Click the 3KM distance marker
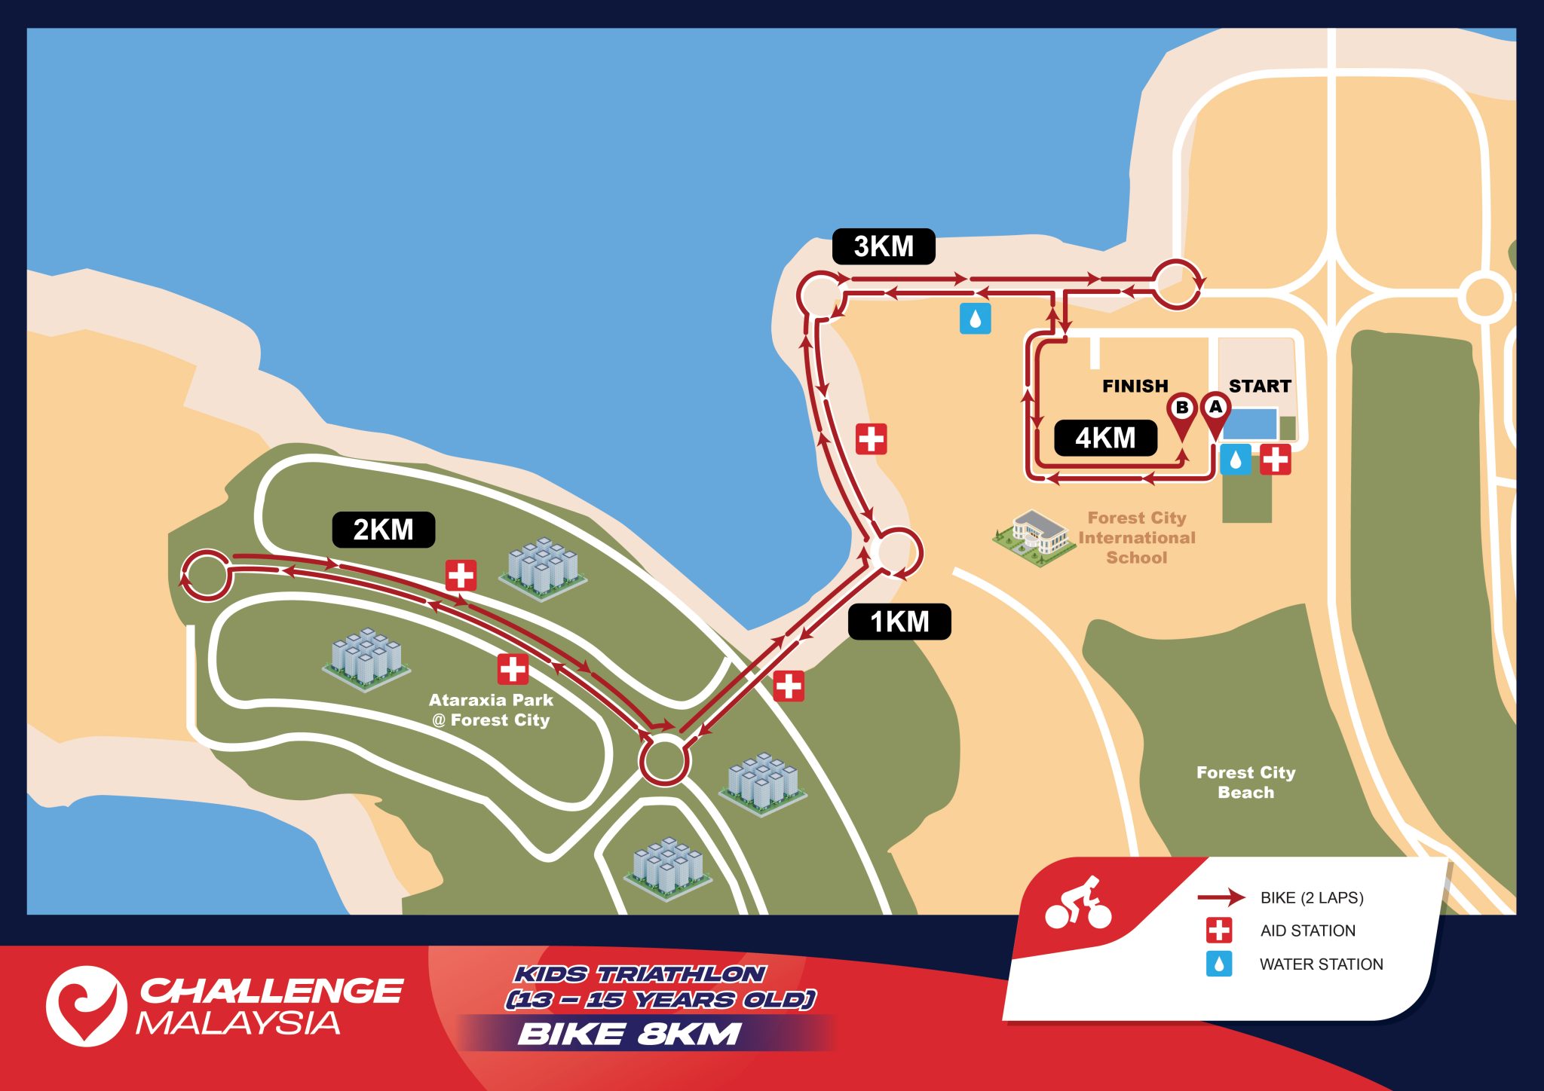[x=884, y=246]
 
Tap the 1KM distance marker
[x=899, y=622]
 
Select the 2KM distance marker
[x=383, y=530]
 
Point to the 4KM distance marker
[x=1105, y=438]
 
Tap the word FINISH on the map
[x=1135, y=386]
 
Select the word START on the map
[x=1260, y=386]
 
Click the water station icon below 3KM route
[x=975, y=319]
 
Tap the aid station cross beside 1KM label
[x=789, y=686]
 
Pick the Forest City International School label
[x=1137, y=537]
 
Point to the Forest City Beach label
[x=1245, y=782]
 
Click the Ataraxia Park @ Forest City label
[x=491, y=710]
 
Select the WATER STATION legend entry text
[x=1321, y=964]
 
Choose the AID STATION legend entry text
[x=1307, y=931]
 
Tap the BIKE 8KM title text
[x=630, y=1034]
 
